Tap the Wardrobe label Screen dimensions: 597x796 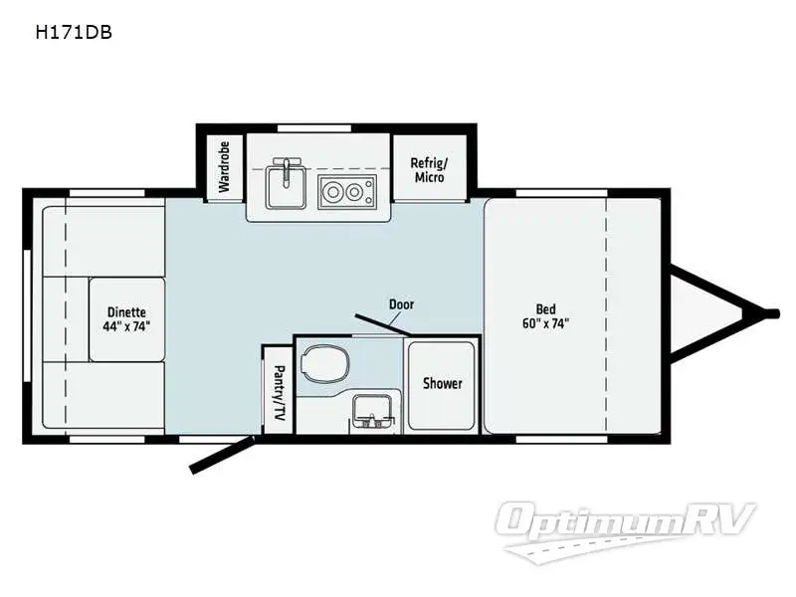224,165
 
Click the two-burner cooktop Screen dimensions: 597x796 345,191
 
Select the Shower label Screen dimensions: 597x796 442,383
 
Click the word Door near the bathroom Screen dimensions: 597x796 401,304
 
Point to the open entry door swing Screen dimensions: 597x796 224,453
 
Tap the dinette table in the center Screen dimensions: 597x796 126,318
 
